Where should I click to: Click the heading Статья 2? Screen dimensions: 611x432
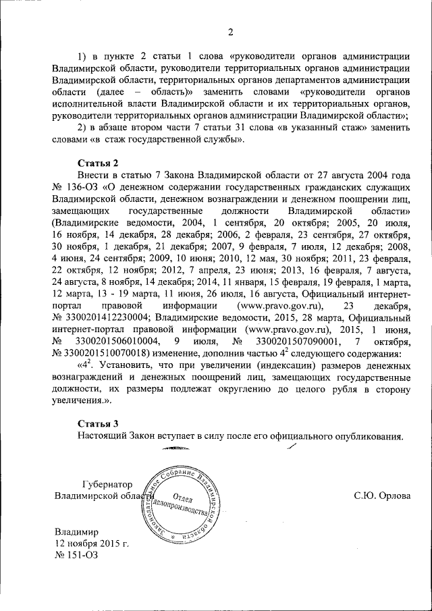pyautogui.click(x=98, y=163)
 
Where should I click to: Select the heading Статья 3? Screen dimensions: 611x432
pyautogui.click(x=98, y=423)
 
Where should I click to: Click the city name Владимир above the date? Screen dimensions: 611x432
pyautogui.click(x=78, y=531)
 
